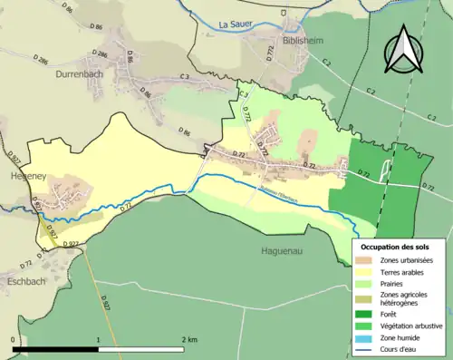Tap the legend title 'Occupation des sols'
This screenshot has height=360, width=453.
point(396,247)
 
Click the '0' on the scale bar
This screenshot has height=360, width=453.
point(13,339)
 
